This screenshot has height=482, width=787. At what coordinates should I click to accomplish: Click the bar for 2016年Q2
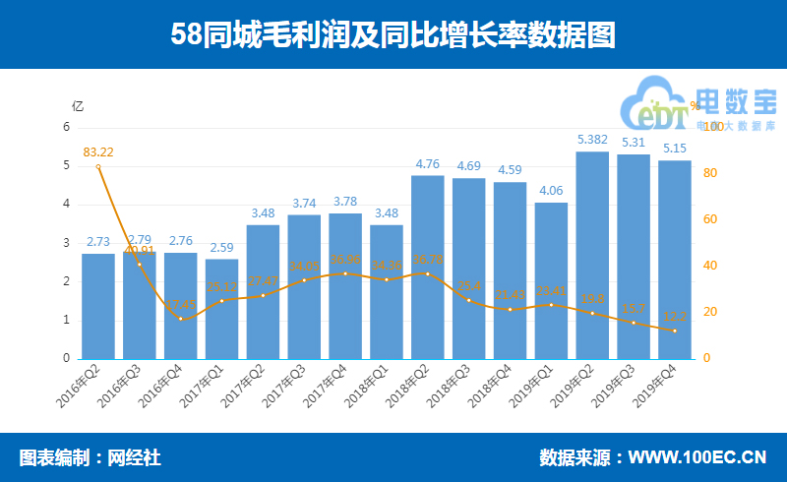pos(98,306)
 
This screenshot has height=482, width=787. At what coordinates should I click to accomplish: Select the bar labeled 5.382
pos(592,256)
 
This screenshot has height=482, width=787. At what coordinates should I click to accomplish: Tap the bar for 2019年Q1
pos(551,280)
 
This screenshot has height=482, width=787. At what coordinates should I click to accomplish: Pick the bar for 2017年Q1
pos(221,309)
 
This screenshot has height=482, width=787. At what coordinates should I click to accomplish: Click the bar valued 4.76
pos(428,267)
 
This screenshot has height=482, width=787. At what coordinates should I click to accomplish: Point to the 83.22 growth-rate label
pos(98,152)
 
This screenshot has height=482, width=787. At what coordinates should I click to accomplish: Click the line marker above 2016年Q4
pos(181,319)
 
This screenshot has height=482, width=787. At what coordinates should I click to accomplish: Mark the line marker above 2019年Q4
pos(675,331)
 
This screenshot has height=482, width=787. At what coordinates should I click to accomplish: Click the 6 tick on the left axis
pos(67,127)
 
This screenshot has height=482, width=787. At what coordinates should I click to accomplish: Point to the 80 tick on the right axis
pos(711,173)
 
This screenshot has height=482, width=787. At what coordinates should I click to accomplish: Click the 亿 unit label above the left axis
pos(78,105)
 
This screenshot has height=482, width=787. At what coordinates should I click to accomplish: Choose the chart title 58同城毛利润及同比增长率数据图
pos(393,35)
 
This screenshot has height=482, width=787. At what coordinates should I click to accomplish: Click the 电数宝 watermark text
pos(735,103)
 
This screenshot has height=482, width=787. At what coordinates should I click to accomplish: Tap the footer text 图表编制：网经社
pos(90,457)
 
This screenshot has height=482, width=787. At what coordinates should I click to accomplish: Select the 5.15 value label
pos(675,149)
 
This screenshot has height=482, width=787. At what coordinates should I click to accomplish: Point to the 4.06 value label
pos(551,191)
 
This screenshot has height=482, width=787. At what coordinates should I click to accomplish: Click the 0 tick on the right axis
pos(705,358)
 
